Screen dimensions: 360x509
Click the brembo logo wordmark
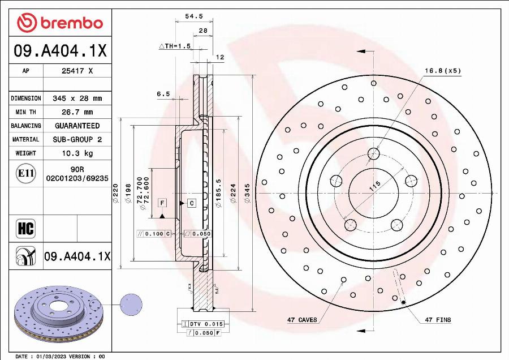(x=60, y=23)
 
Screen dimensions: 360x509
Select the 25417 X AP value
(x=77, y=71)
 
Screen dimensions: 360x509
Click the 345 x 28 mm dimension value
(x=77, y=98)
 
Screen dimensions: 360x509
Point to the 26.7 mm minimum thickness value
(x=77, y=112)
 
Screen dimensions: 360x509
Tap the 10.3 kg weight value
(x=77, y=153)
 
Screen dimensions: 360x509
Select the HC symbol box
(x=26, y=229)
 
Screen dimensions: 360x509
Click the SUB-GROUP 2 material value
(x=77, y=139)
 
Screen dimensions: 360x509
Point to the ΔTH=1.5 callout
(x=175, y=46)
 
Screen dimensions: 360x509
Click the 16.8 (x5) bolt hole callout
(x=443, y=71)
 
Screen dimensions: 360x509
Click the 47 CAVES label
(x=302, y=320)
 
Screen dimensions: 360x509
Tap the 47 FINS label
(x=438, y=320)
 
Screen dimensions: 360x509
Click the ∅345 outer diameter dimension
(x=247, y=195)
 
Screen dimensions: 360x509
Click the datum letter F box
(x=162, y=202)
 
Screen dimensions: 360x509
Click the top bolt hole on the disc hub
(x=373, y=153)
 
